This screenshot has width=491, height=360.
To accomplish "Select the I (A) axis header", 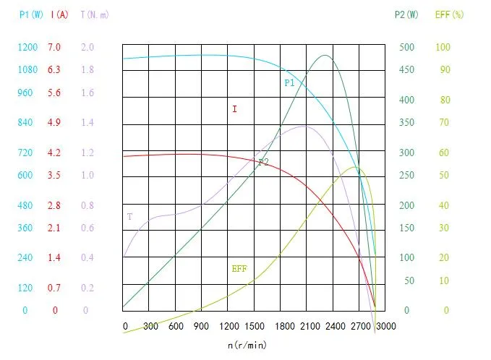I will click(59, 14).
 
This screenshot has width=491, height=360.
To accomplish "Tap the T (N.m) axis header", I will click(94, 14).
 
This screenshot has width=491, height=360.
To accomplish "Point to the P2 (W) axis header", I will click(406, 14).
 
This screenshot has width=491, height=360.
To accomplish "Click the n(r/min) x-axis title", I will click(247, 345).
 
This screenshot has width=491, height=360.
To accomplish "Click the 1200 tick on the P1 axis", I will click(27, 47).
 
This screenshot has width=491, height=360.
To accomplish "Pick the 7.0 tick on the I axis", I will click(55, 47).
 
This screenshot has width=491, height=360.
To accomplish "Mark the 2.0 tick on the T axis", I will click(87, 47).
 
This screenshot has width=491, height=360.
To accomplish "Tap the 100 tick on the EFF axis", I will click(443, 47).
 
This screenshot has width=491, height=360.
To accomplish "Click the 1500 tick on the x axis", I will click(255, 326).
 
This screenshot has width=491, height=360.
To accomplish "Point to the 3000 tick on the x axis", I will click(386, 326).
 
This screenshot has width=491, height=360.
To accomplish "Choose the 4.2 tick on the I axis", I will click(55, 153).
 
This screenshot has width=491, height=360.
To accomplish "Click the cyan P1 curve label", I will click(289, 83).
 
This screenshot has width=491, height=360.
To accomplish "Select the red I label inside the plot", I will click(234, 110).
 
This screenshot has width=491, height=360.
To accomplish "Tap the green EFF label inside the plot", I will click(239, 268).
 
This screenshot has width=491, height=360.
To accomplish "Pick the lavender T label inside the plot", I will click(129, 216).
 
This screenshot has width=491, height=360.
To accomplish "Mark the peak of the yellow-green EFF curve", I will click(356, 168).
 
